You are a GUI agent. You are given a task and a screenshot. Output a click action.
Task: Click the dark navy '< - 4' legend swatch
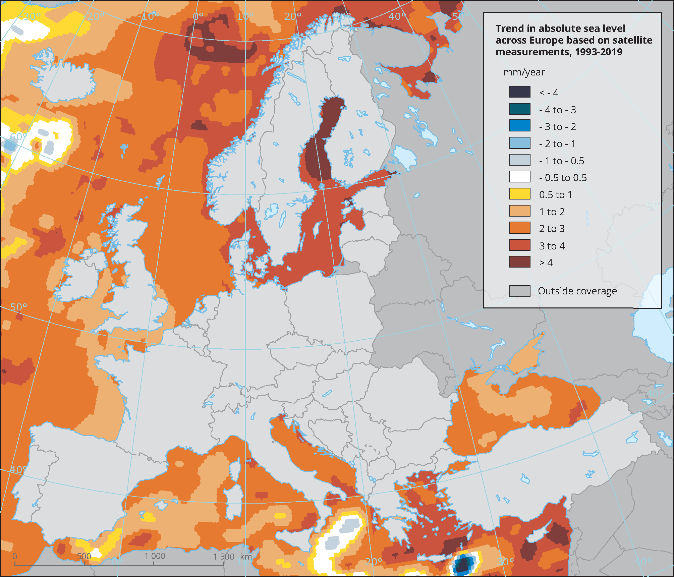pos(520,92)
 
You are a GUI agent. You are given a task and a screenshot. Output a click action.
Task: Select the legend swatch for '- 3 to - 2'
pos(520,126)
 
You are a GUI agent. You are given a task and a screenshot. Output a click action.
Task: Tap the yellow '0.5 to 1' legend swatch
pos(520,194)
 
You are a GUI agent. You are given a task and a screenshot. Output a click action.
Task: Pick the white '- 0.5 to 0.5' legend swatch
pos(520,177)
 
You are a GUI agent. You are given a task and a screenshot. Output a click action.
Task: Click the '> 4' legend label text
pos(546,263)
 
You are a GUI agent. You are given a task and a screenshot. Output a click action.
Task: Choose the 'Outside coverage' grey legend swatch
pos(520,291)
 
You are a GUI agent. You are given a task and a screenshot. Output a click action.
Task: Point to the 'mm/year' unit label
pos(524,72)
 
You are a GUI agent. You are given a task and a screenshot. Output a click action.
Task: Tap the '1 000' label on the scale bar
pos(155,556)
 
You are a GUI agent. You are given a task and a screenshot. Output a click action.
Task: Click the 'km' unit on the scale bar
pos(246,557)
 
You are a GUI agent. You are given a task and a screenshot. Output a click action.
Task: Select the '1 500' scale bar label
pos(224,557)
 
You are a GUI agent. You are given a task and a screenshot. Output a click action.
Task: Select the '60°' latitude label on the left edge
pos(17,137)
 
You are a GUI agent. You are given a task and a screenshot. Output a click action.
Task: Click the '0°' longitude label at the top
pos(198,16)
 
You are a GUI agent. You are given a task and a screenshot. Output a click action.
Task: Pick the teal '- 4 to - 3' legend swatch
pos(520,109)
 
